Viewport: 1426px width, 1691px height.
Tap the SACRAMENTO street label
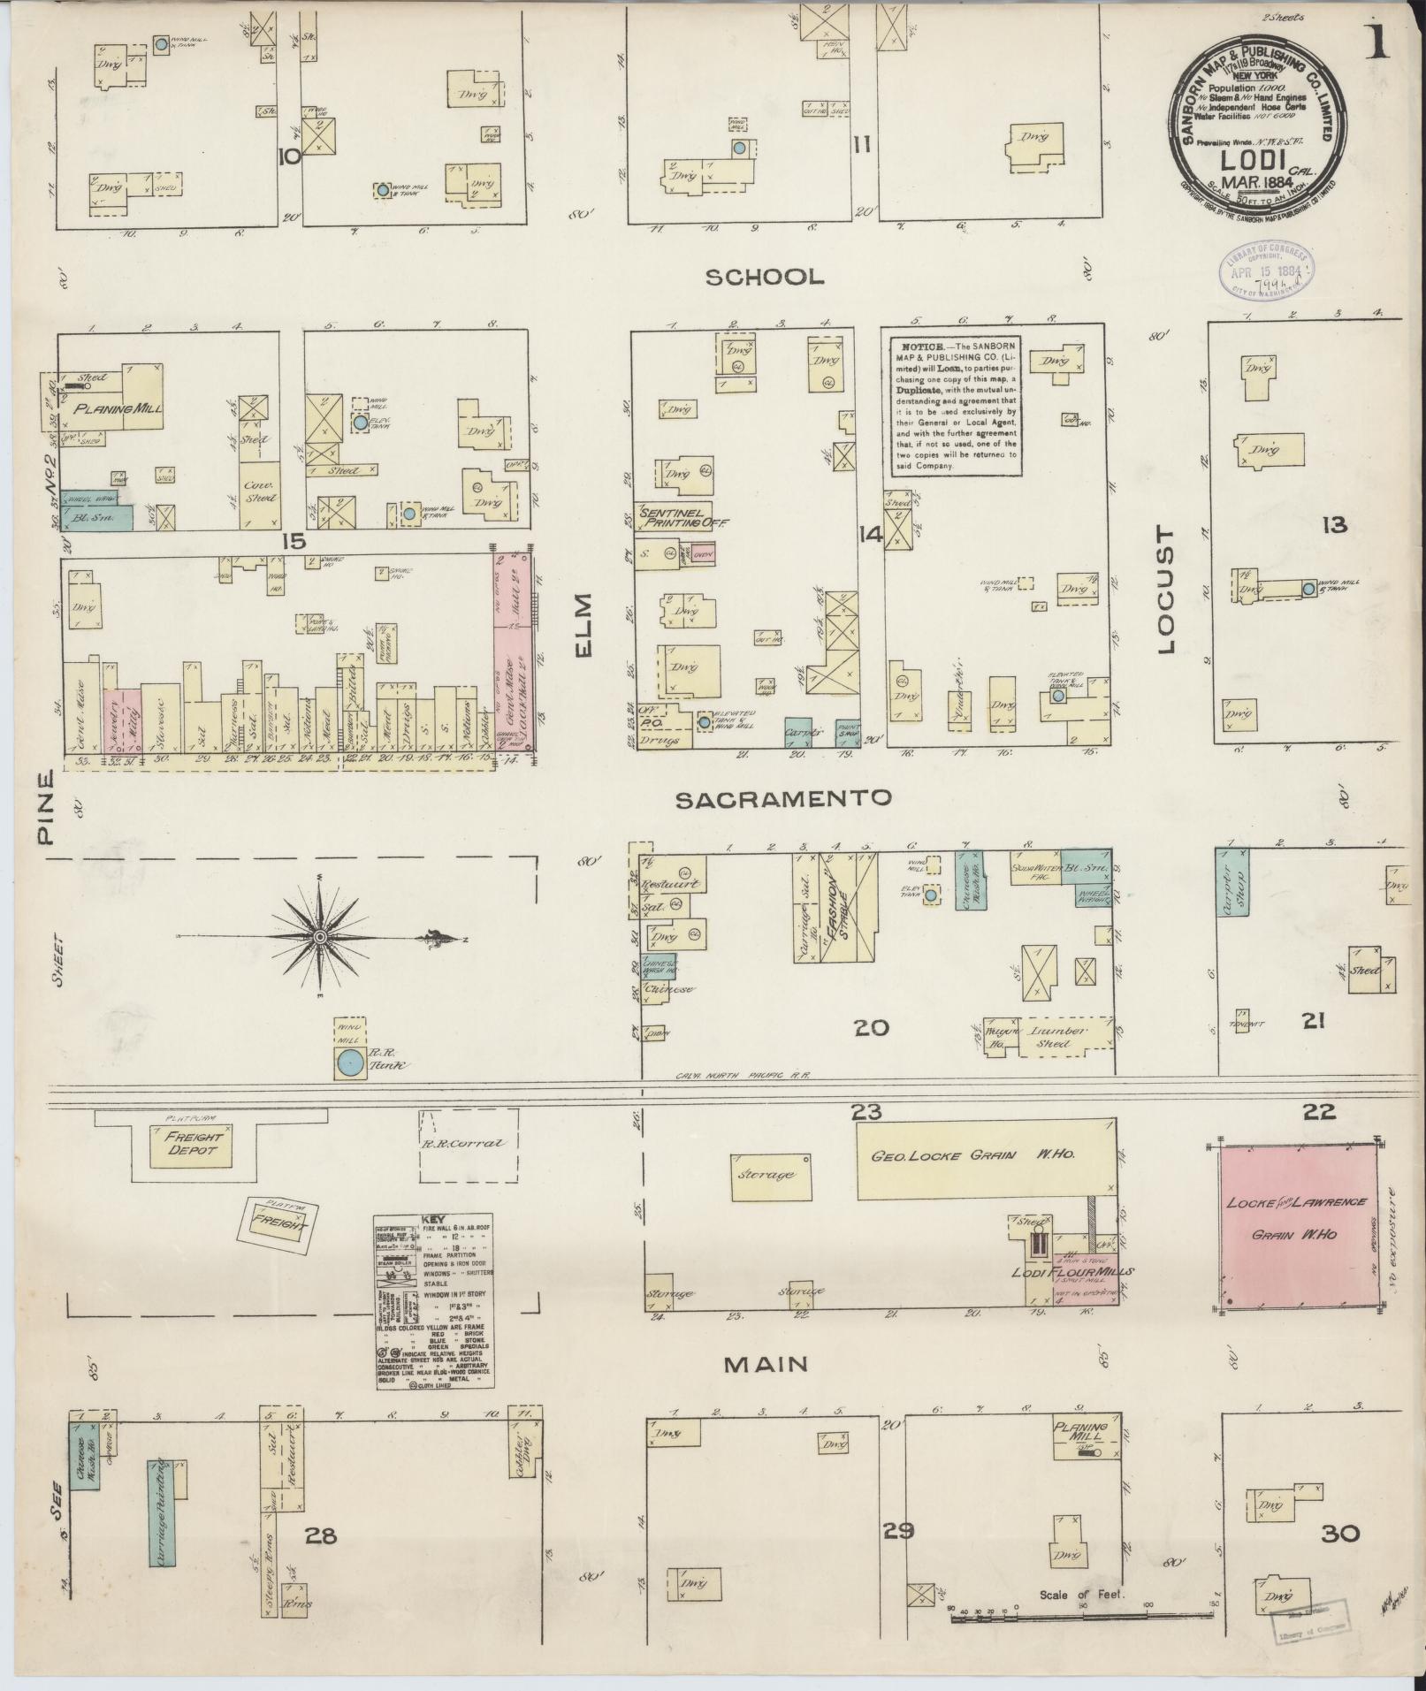[x=783, y=799]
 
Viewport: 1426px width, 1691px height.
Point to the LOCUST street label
[x=1164, y=590]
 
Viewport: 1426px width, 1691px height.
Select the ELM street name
[x=584, y=624]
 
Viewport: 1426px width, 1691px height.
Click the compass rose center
[x=320, y=936]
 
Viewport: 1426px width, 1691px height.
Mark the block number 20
[x=871, y=1028]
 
